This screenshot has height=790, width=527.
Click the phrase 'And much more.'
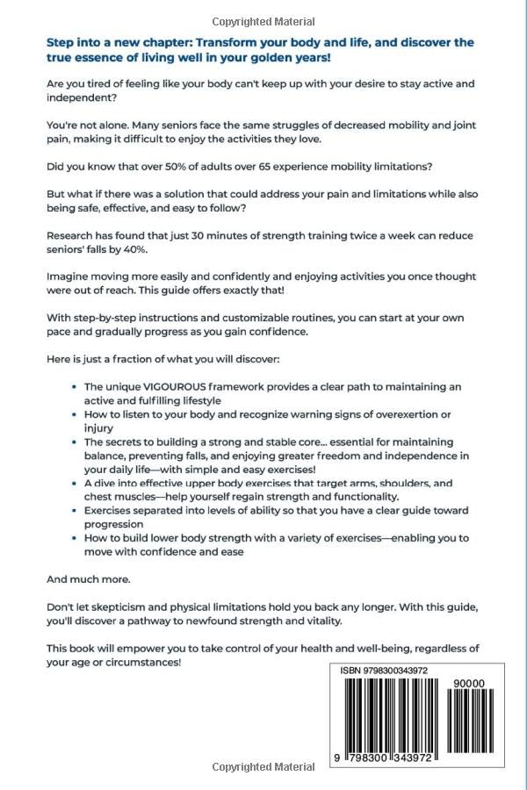point(87,580)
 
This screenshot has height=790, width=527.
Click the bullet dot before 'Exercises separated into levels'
point(71,511)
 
